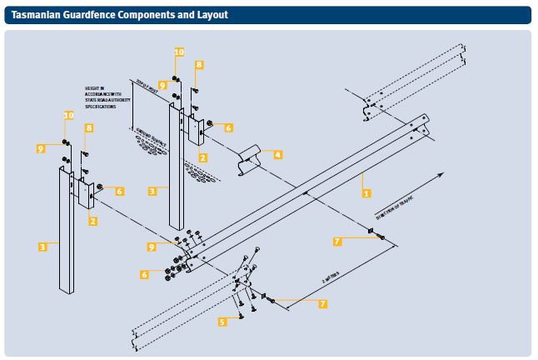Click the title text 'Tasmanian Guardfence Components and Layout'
coord(119,15)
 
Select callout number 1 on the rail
coord(366,192)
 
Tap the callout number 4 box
coord(277,154)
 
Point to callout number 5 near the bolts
coord(222,321)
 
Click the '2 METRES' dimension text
coord(331,281)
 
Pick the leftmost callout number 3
coord(41,247)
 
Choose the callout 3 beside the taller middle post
coord(152,191)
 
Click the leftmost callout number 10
coord(68,115)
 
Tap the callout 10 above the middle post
coord(178,52)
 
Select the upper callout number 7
coord(336,242)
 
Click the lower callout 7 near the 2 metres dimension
coord(321,304)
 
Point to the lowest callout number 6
coord(144,274)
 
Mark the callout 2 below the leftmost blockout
coord(92,221)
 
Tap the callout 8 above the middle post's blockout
coord(198,64)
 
